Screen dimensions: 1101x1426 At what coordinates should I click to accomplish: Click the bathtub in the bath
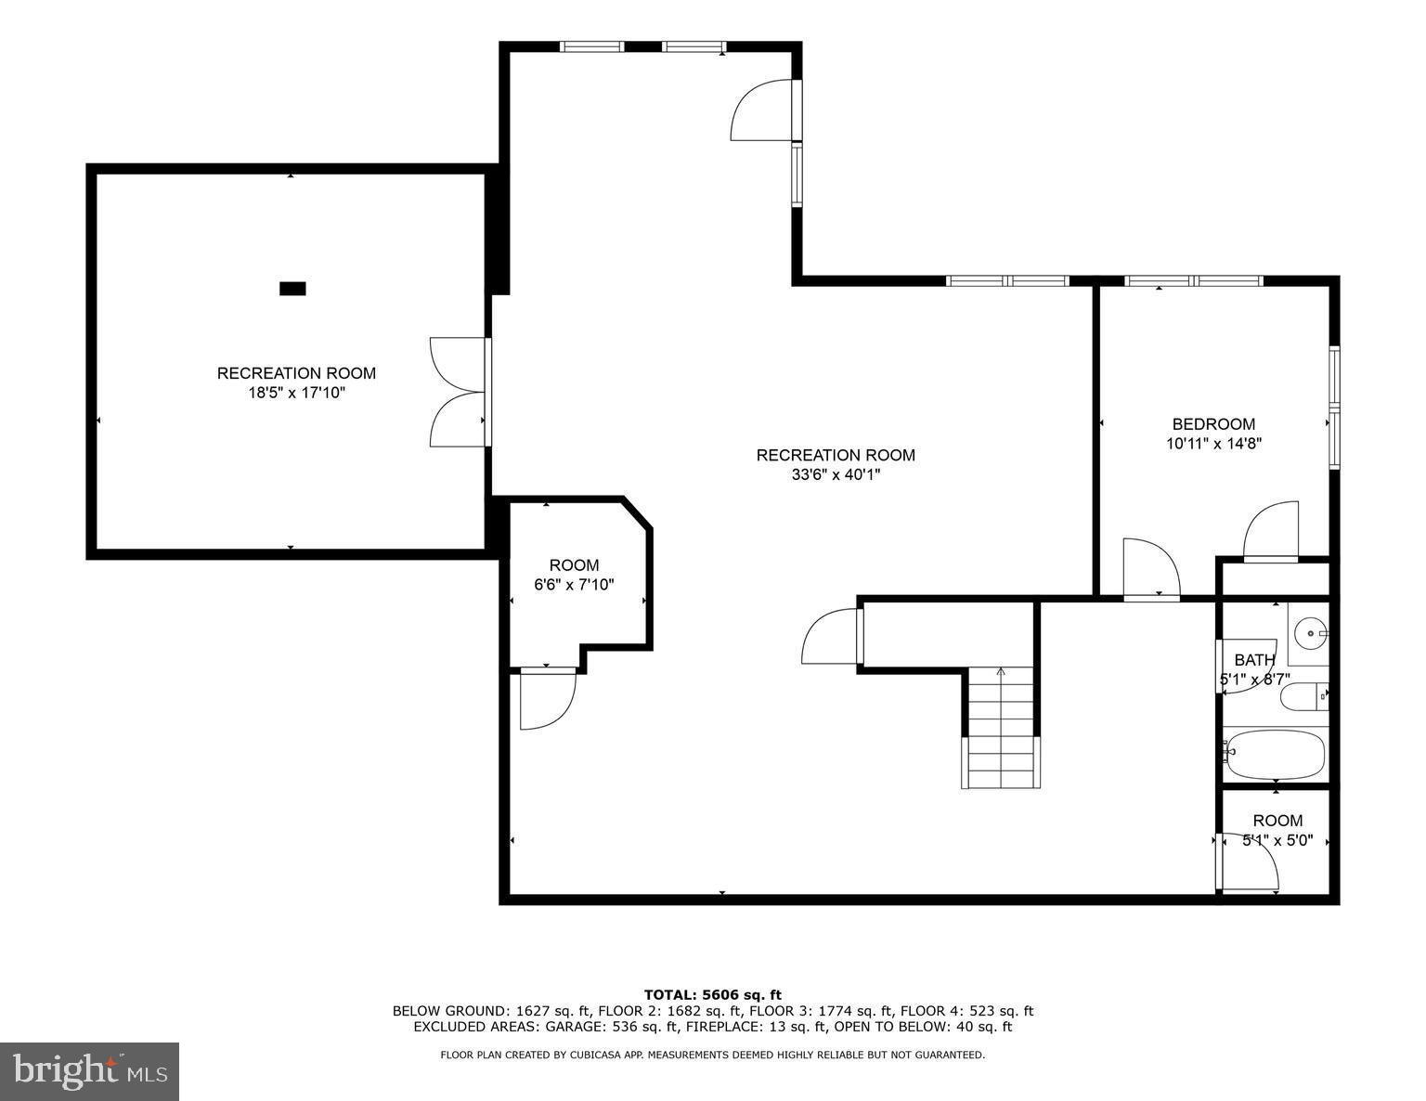(1274, 755)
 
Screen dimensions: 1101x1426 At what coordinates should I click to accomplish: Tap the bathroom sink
(1310, 635)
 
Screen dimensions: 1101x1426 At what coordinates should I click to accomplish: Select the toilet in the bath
(1303, 696)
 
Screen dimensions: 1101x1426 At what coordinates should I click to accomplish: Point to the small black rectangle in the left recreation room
(292, 289)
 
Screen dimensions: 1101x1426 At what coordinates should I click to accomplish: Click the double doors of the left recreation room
(458, 392)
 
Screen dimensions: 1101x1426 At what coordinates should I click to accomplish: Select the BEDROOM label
(1213, 424)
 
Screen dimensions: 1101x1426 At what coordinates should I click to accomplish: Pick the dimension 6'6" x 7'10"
(574, 585)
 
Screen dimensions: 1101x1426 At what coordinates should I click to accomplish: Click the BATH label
(1254, 660)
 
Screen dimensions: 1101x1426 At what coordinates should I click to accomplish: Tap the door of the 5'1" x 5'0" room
(1250, 864)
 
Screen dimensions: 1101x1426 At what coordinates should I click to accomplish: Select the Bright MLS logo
(90, 1071)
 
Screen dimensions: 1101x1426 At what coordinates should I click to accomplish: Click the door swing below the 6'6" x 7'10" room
(548, 699)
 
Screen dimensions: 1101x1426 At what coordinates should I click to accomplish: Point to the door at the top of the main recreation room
(763, 111)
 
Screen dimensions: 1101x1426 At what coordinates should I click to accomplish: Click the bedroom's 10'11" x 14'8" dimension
(1213, 444)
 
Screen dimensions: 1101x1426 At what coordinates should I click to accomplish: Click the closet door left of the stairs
(833, 636)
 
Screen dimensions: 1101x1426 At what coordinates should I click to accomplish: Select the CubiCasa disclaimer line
(712, 1055)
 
